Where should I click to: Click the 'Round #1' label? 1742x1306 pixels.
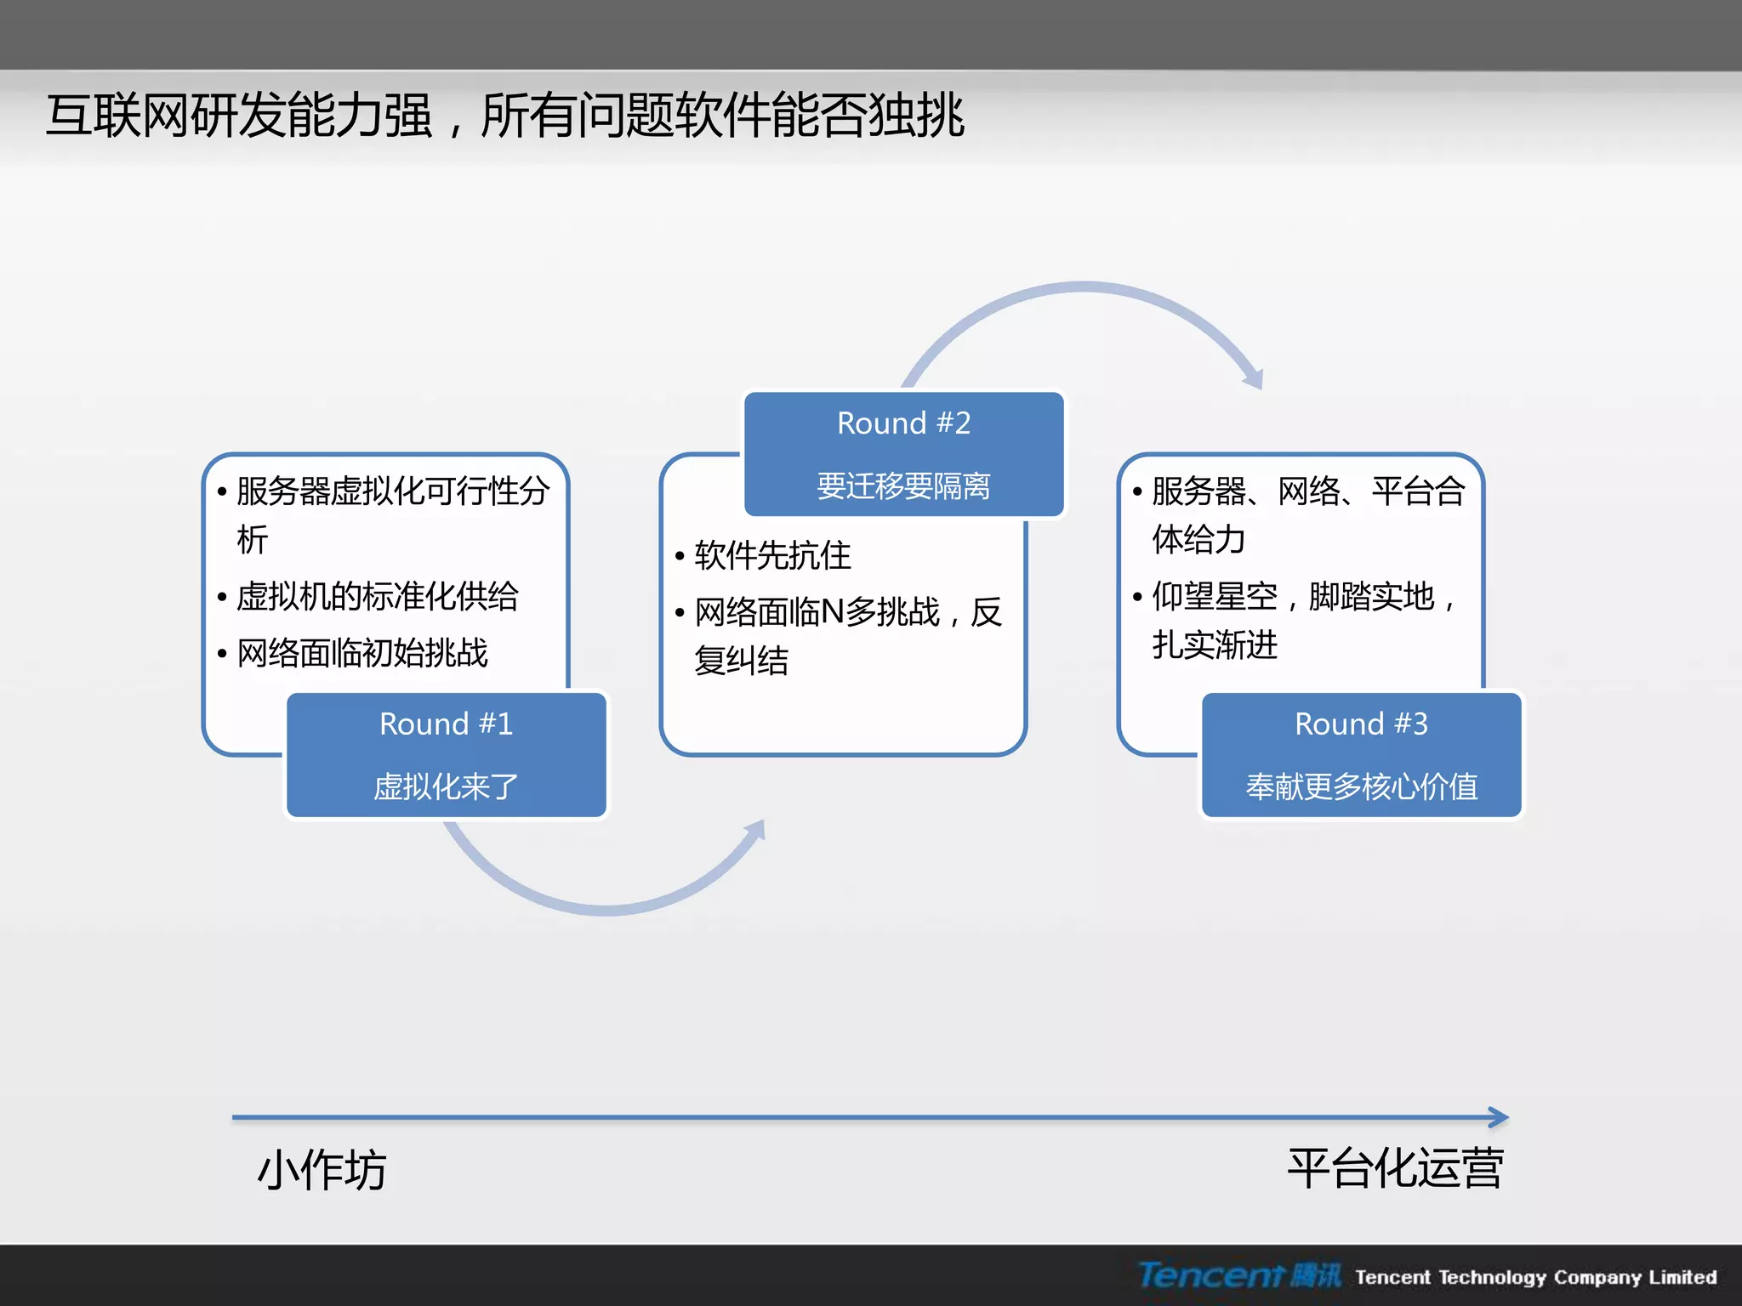[446, 724]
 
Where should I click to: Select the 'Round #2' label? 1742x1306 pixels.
[903, 423]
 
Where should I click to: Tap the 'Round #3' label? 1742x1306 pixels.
[1361, 724]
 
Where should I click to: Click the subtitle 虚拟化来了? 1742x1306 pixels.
[446, 786]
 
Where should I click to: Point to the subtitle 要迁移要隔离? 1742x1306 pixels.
[903, 485]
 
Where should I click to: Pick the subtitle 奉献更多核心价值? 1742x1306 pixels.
[1361, 786]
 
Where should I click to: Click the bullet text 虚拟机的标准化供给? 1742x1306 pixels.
[377, 596]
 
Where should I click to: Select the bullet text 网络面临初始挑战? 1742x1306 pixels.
[362, 653]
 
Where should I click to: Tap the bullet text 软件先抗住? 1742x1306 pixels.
[772, 555]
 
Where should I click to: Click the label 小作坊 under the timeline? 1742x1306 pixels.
[322, 1170]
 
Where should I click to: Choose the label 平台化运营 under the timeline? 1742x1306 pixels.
[1395, 1168]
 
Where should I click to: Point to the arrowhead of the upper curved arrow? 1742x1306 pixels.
[1254, 378]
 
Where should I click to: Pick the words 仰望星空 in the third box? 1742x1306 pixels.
[1215, 596]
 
